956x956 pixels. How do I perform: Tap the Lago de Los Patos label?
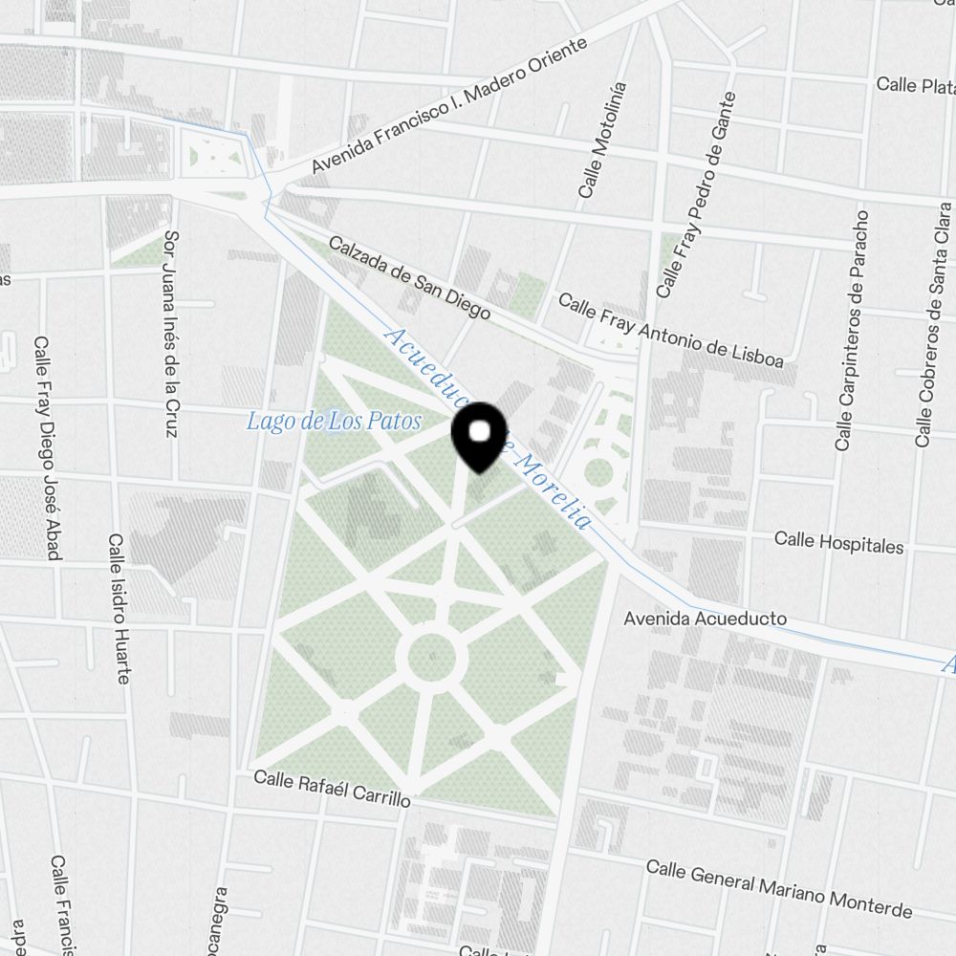334,421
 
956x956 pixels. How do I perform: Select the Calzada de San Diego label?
409,278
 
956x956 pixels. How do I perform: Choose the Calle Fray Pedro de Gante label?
697,194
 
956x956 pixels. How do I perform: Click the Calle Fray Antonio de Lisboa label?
670,331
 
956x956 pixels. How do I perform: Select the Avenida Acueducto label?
705,619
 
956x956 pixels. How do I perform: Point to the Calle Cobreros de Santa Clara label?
933,325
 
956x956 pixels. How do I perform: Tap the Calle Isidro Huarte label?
119,609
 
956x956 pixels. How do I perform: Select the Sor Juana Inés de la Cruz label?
171,334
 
